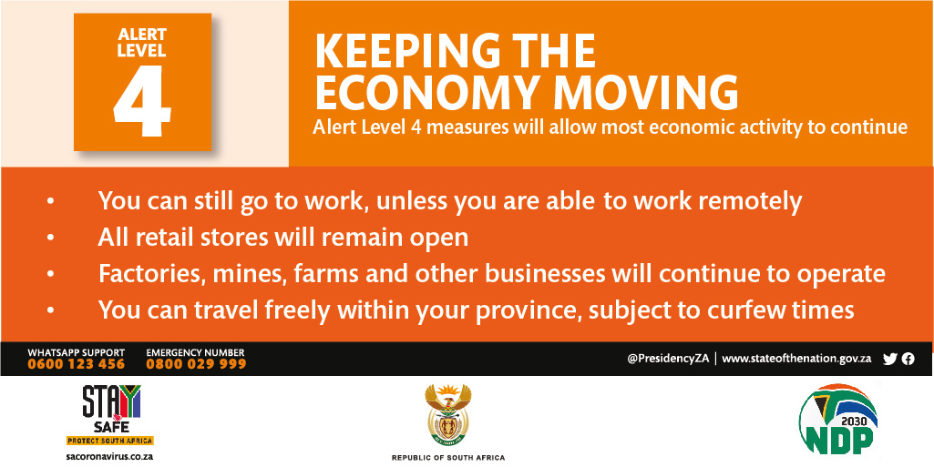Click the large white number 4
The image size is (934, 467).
(143, 97)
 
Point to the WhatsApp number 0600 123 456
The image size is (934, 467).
(77, 364)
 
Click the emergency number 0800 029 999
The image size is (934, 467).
(196, 364)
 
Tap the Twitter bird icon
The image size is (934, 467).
(890, 359)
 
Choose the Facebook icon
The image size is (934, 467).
(908, 359)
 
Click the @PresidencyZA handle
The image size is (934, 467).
(668, 359)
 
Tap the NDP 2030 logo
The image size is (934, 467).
(838, 419)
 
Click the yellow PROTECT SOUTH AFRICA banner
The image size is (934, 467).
(109, 441)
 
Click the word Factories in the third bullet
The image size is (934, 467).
(145, 274)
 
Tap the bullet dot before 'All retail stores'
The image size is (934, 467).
(51, 238)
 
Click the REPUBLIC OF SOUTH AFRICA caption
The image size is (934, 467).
(448, 458)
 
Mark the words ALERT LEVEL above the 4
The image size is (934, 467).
(142, 42)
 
